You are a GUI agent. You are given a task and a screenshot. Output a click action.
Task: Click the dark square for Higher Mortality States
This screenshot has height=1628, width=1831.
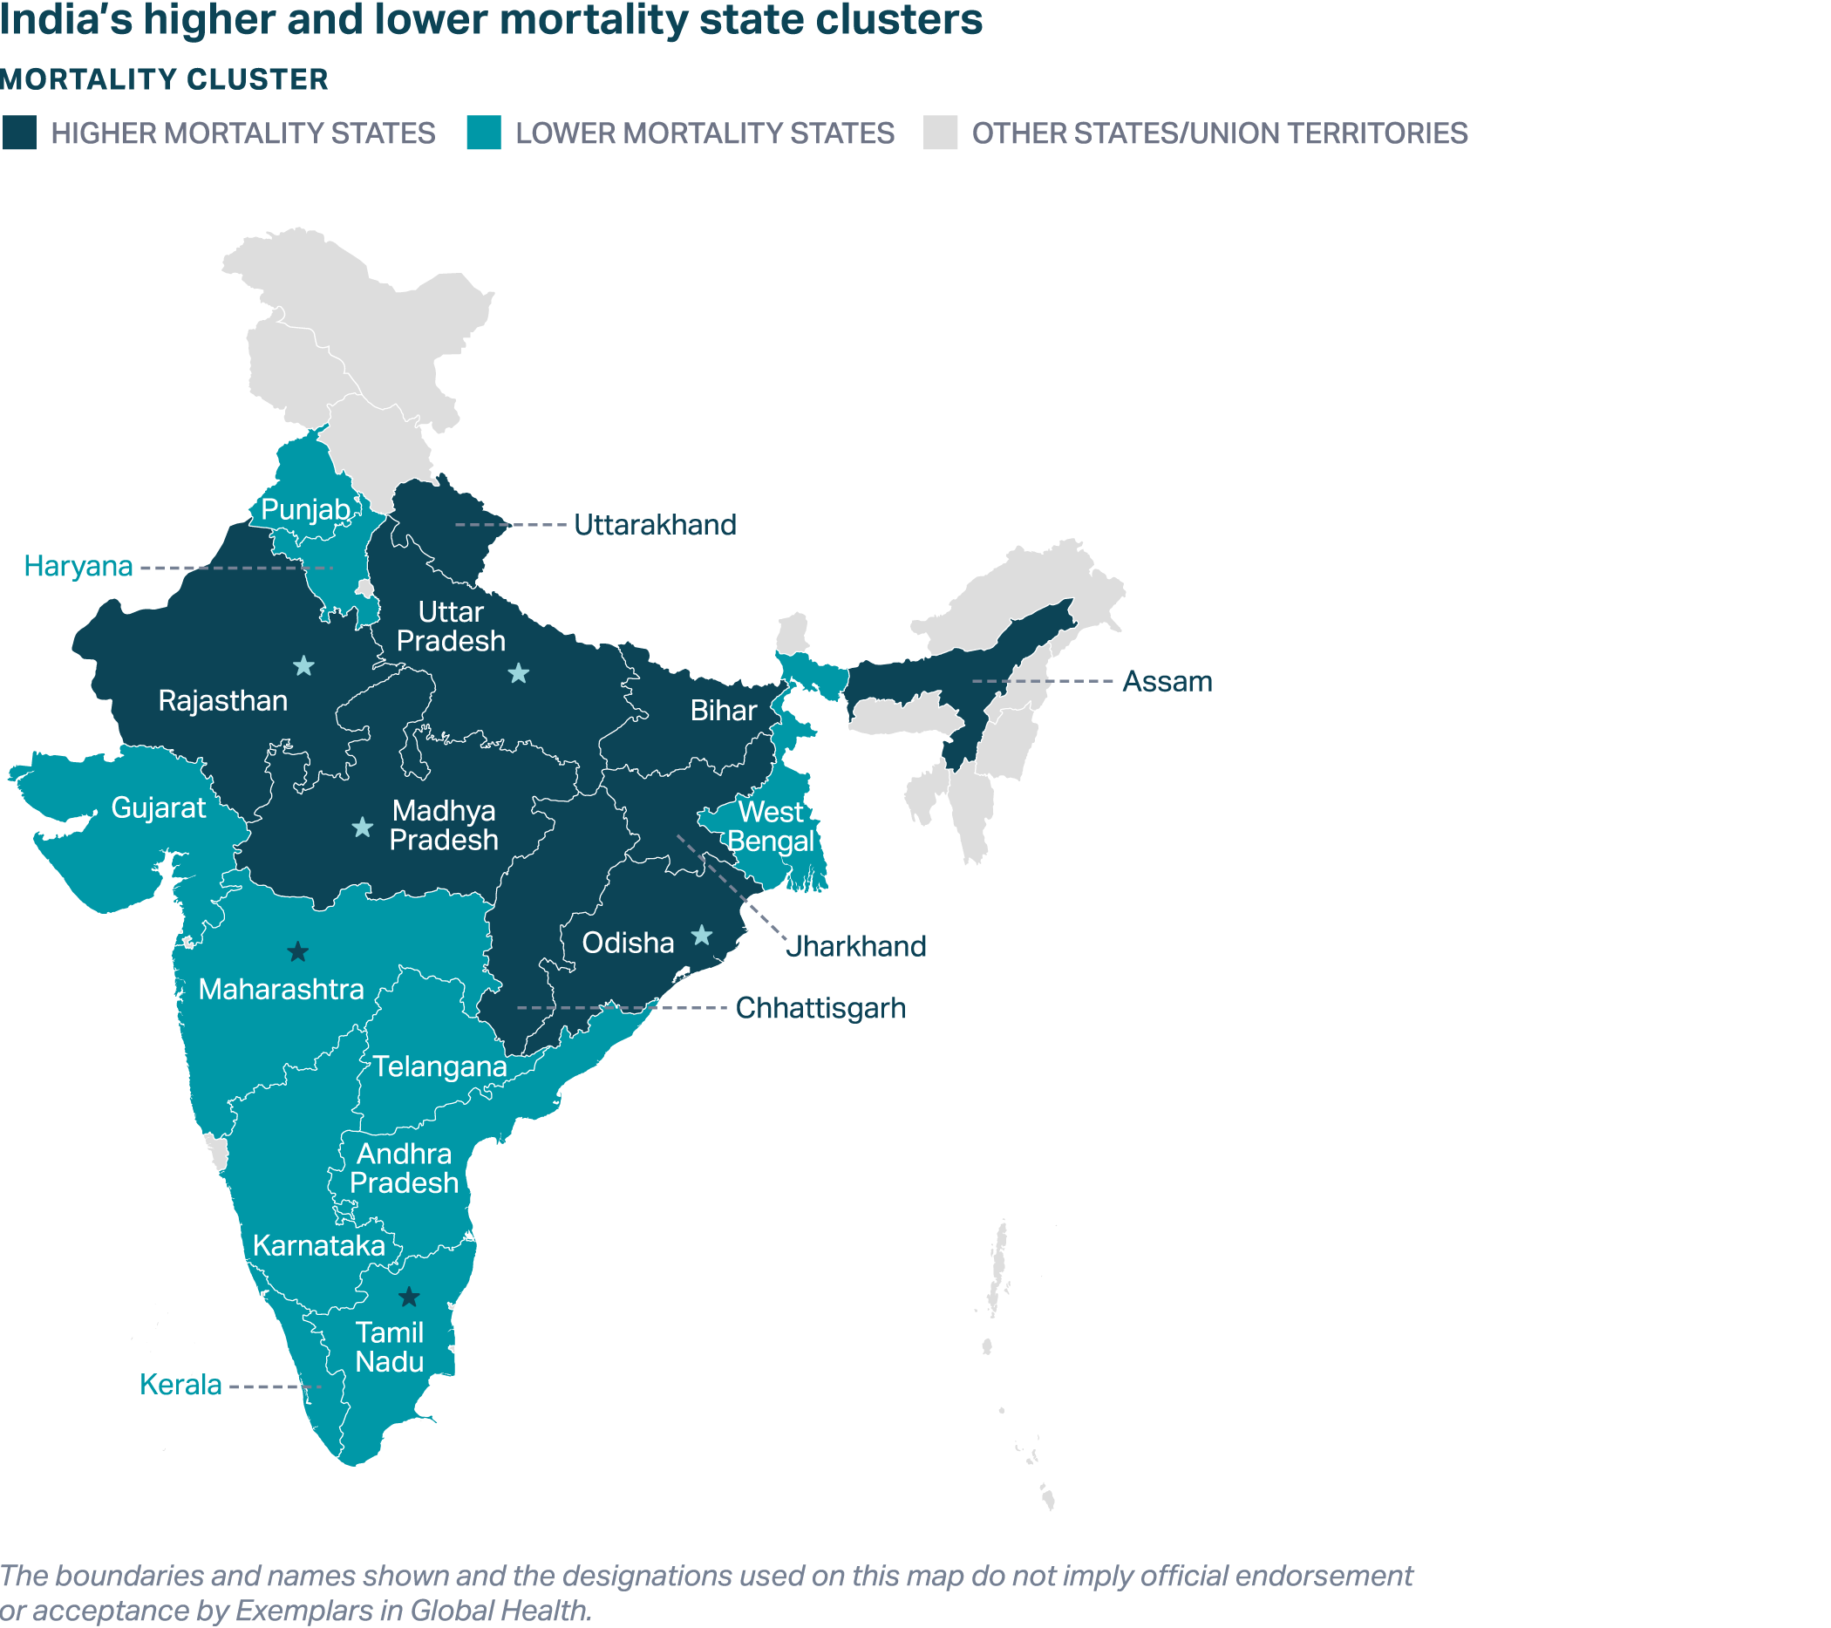point(19,133)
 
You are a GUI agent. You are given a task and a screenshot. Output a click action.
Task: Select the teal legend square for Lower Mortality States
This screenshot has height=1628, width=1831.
point(484,133)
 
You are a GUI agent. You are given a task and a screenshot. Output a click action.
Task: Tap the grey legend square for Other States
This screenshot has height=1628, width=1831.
point(940,133)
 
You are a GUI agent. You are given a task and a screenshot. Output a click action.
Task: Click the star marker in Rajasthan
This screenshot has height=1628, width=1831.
point(303,665)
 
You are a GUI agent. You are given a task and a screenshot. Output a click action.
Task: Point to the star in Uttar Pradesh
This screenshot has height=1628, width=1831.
point(518,674)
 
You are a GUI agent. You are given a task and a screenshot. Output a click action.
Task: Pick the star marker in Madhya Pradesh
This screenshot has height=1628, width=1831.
point(362,827)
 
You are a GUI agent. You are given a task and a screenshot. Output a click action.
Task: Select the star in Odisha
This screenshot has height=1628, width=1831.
point(701,936)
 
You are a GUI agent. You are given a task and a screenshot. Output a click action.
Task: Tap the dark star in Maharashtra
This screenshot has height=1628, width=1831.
point(297,951)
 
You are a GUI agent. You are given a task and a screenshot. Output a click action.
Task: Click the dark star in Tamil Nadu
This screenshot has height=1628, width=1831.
point(408,1297)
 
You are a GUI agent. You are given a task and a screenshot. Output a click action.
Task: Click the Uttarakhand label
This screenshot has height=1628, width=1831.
point(655,525)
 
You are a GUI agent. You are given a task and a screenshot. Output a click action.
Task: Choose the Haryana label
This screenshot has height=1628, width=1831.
point(78,566)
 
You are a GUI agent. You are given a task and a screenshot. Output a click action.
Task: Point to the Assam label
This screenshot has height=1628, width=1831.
point(1167,682)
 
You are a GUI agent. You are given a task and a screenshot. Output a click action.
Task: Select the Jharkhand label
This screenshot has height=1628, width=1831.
point(855,946)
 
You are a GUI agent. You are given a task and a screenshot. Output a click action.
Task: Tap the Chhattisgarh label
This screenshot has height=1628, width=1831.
point(820,1008)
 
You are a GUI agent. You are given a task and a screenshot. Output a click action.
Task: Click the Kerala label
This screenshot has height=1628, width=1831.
point(180,1385)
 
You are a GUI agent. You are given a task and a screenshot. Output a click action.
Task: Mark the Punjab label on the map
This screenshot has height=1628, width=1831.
point(305,510)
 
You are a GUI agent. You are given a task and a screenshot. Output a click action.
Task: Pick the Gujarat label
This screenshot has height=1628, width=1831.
point(159,808)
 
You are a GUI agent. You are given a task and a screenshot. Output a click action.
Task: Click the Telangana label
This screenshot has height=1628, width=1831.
point(439,1066)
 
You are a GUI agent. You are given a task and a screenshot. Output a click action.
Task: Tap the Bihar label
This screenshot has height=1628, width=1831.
point(724,711)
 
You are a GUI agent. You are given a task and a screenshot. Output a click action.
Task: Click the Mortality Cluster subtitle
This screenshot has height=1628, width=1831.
point(165,79)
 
